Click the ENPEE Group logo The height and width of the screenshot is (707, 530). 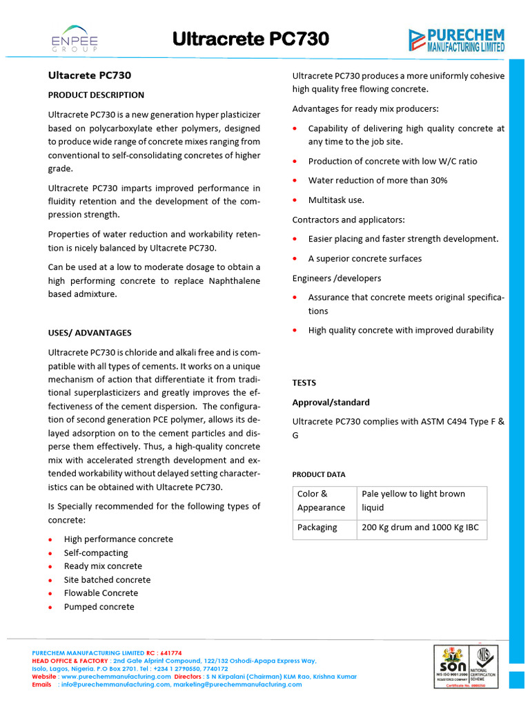coord(75,39)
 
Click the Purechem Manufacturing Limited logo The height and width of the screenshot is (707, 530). coord(456,40)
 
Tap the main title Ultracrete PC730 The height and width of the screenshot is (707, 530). coord(250,40)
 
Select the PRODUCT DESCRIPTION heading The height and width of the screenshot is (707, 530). coord(96,95)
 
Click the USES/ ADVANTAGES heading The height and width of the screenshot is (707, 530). coord(90,333)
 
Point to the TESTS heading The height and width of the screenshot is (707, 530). coord(304,382)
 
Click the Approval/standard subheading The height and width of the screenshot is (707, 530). coord(331,403)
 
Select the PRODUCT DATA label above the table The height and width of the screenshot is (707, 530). coord(319,474)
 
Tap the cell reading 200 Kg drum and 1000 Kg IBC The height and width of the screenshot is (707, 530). coord(420,527)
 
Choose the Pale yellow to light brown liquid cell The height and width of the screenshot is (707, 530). coord(420,501)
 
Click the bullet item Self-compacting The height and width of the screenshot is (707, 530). coord(96,553)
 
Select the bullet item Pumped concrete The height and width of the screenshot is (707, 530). coord(99,607)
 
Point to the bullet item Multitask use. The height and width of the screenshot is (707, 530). coord(336,200)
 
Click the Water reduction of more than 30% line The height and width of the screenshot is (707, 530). coord(377,180)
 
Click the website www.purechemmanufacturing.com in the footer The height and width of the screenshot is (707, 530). coord(115,677)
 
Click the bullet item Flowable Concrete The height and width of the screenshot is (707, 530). coord(101,593)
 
